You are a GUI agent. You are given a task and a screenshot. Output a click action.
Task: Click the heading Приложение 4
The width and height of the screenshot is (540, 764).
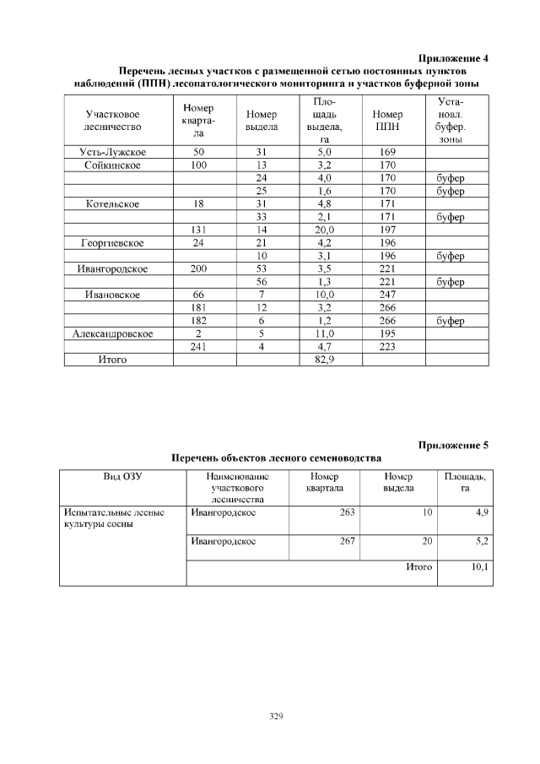pos(453,58)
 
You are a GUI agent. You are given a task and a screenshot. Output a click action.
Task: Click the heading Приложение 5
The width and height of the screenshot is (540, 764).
pos(453,444)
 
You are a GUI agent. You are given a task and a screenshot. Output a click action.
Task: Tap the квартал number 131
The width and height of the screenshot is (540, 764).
pos(198,230)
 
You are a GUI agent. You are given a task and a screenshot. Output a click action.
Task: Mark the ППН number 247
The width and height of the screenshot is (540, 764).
pos(387,295)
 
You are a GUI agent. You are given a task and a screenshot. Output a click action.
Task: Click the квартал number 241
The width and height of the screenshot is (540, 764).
pos(198,347)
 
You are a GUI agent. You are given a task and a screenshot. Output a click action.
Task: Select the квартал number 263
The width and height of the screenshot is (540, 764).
pos(346,512)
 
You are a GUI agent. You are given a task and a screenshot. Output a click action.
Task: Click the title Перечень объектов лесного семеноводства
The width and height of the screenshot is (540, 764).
pos(276,458)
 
